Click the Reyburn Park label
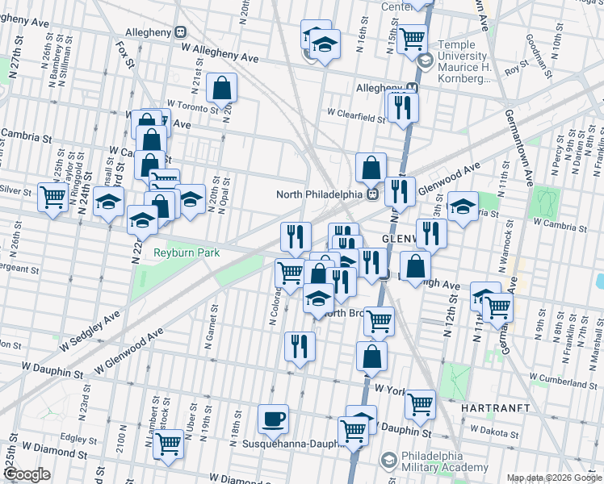tap(187, 252)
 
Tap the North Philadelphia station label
tap(320, 194)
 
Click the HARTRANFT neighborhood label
tap(495, 409)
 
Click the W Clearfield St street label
tap(356, 117)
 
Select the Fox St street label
tap(125, 54)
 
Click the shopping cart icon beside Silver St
tap(53, 195)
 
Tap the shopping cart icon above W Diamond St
tap(169, 442)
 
